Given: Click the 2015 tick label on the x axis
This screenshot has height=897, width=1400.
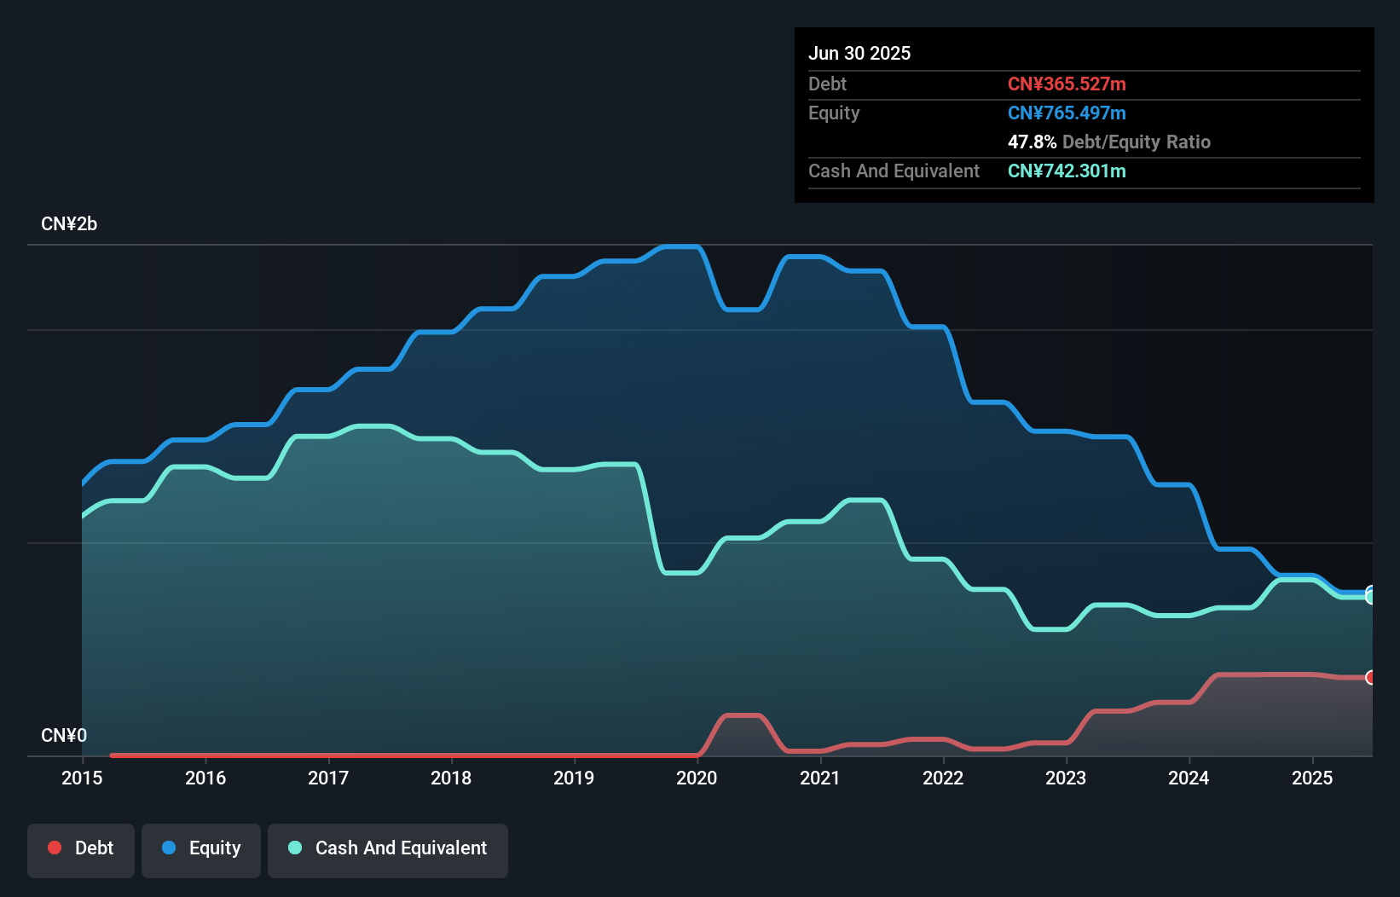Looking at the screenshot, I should click(82, 778).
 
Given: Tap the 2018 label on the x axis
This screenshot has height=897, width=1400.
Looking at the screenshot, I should click(451, 778).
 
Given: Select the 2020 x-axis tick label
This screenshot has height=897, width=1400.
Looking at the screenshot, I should click(697, 778).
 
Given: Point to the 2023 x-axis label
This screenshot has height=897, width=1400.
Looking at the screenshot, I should click(1066, 778).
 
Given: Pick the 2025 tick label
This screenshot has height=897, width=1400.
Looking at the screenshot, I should click(1312, 778).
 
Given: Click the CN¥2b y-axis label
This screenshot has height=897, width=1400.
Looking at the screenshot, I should click(69, 224).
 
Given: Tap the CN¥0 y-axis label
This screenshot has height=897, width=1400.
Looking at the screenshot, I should click(64, 735).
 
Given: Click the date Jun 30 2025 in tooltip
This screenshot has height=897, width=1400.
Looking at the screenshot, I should click(859, 53).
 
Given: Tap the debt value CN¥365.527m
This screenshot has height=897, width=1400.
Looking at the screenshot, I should click(1067, 84).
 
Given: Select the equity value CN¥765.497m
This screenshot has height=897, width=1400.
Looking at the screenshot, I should click(1067, 113).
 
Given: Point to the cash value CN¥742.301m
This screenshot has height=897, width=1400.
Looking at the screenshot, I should click(1067, 171).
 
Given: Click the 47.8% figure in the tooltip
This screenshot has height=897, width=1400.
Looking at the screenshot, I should click(1032, 142).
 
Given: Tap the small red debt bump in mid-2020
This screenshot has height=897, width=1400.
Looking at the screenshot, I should click(742, 715).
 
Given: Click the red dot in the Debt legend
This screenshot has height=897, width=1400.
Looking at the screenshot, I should click(55, 848).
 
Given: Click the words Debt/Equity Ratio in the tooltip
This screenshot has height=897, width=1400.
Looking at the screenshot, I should click(1137, 142).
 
